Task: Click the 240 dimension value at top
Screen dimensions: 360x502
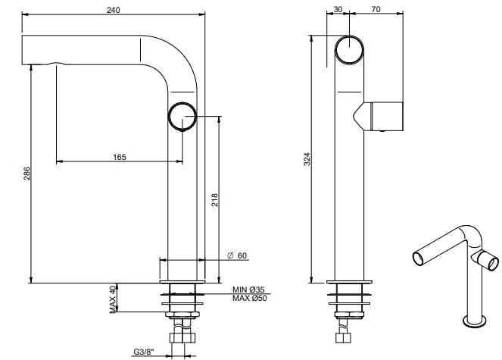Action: tap(114, 10)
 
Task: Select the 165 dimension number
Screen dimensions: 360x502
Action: tap(119, 157)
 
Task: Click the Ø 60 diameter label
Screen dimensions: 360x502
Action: tap(237, 255)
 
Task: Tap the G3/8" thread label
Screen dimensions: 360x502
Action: tap(144, 351)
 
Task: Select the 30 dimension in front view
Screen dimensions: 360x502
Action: tap(338, 10)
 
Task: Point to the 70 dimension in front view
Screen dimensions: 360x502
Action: tap(376, 10)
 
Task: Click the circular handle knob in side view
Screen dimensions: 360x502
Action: tap(182, 117)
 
